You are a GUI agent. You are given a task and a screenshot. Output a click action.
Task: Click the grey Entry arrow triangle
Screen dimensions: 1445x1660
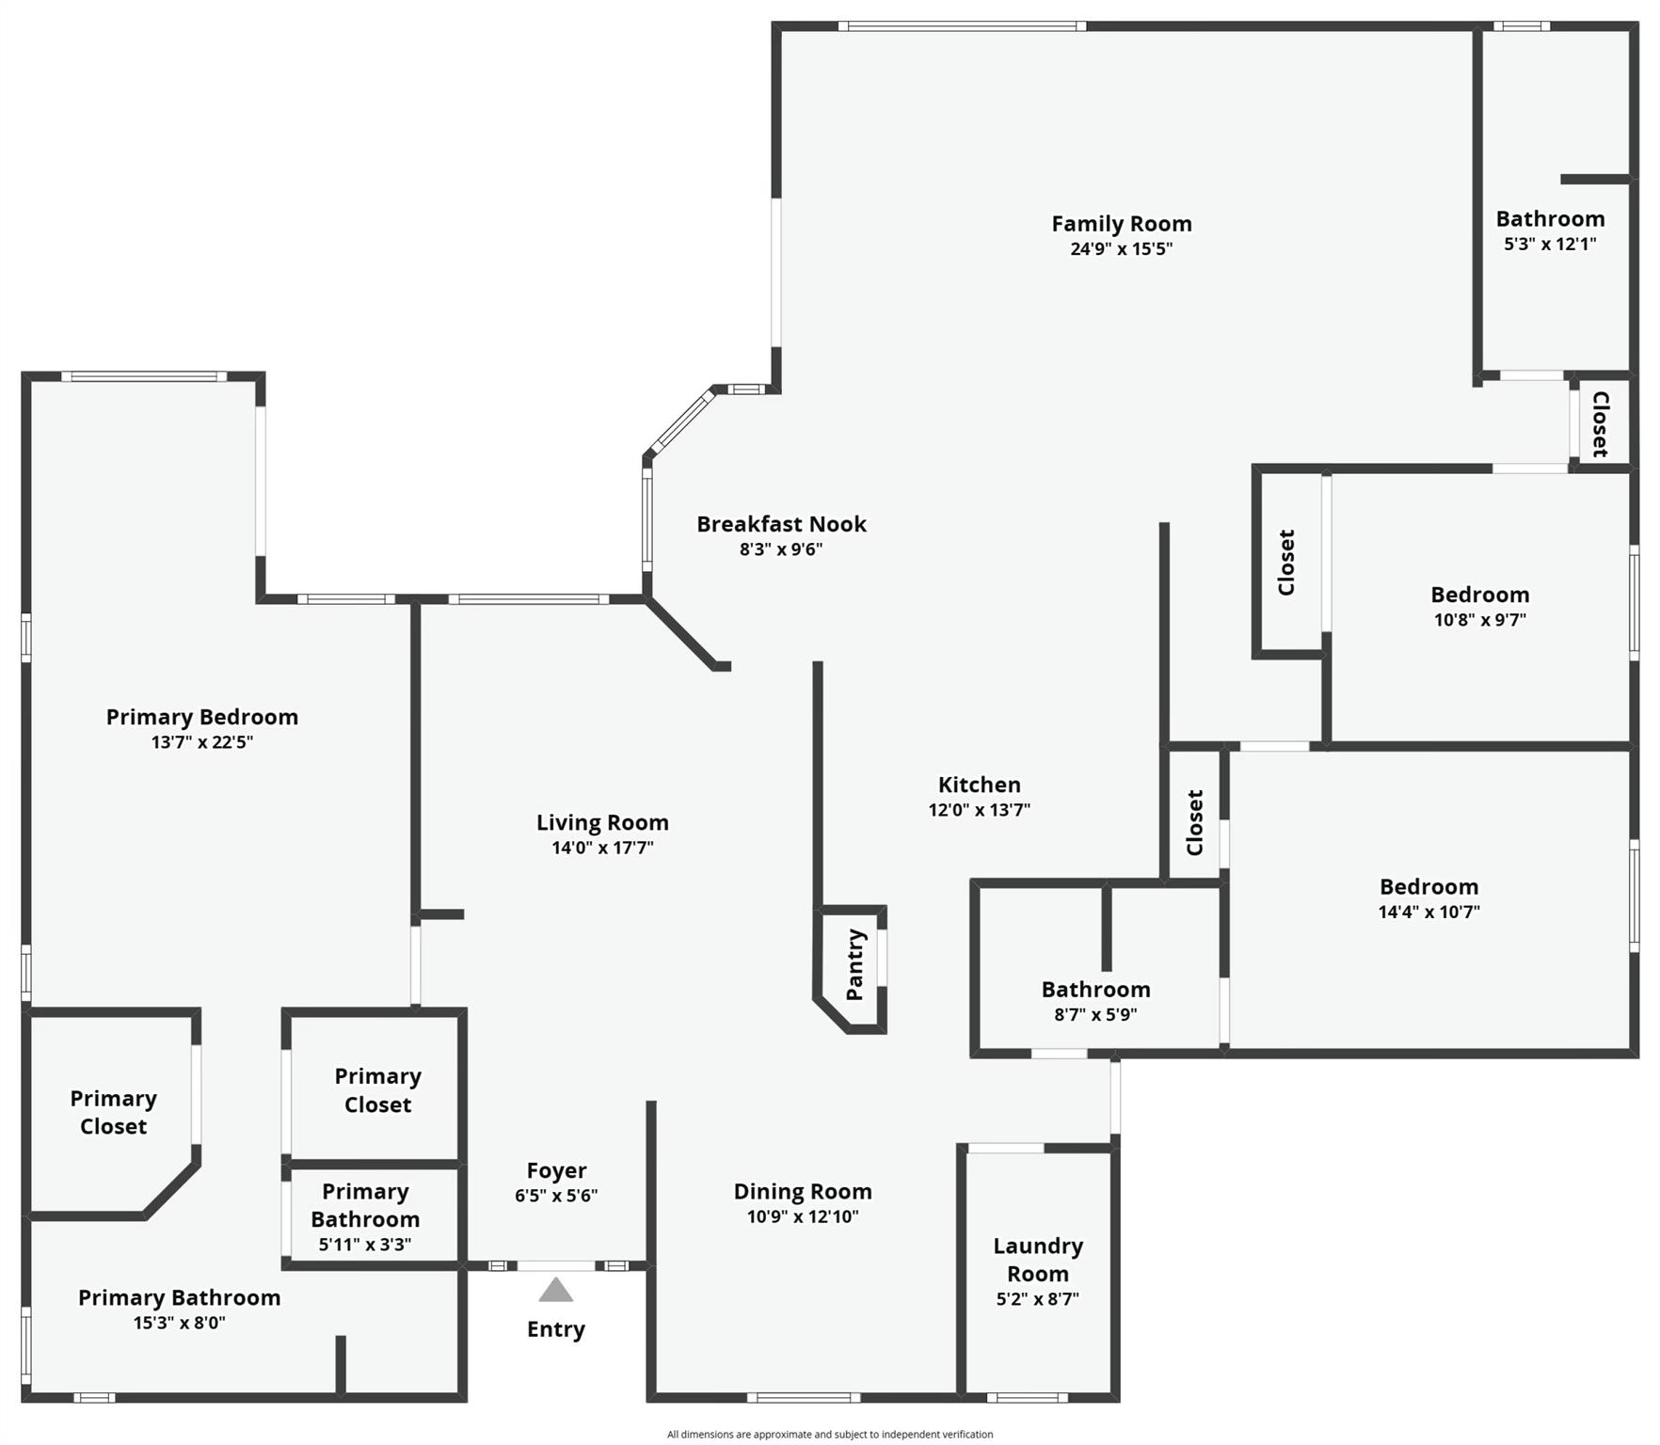tap(555, 1291)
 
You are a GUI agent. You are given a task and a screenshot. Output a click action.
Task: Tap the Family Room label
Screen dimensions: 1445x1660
tap(1121, 224)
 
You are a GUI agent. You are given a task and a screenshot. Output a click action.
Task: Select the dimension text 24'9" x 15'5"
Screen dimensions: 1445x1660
tap(1121, 249)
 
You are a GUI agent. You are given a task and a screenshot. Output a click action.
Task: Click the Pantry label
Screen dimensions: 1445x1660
tap(854, 964)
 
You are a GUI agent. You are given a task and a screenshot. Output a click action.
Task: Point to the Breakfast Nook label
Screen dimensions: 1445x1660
tap(781, 524)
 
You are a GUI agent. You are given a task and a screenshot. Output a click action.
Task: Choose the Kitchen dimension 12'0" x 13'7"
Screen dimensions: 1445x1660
tap(979, 810)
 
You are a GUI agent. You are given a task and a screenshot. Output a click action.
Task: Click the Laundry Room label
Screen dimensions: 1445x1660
tap(1038, 1260)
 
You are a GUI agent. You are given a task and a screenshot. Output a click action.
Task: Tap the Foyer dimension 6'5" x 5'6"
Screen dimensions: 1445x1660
tap(556, 1196)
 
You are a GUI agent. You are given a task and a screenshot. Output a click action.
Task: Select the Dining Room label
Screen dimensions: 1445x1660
tap(803, 1192)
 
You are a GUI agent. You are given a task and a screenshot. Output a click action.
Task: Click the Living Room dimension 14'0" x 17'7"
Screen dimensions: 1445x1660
tap(602, 848)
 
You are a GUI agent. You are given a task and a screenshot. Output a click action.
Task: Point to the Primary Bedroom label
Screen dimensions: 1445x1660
tap(201, 717)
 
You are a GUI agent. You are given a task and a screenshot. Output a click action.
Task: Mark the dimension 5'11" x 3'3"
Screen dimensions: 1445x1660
tap(365, 1245)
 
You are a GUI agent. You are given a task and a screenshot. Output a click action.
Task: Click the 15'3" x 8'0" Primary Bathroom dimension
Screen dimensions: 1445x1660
tap(179, 1323)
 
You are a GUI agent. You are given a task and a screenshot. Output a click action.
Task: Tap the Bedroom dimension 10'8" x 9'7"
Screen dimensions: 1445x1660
tap(1479, 620)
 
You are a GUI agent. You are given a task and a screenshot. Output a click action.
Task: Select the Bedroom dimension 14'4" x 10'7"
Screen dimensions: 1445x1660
tap(1429, 912)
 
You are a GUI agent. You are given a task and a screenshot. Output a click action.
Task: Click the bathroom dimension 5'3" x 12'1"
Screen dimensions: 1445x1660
tap(1550, 244)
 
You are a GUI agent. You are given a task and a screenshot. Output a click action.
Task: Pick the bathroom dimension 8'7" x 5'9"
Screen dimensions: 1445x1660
tap(1095, 1015)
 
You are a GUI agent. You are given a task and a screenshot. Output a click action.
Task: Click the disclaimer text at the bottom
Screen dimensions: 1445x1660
tap(829, 1435)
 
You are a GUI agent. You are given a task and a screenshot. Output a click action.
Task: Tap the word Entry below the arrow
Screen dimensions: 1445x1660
tap(555, 1329)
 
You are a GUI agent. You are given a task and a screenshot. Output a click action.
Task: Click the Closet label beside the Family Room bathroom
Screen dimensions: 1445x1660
tap(1600, 423)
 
